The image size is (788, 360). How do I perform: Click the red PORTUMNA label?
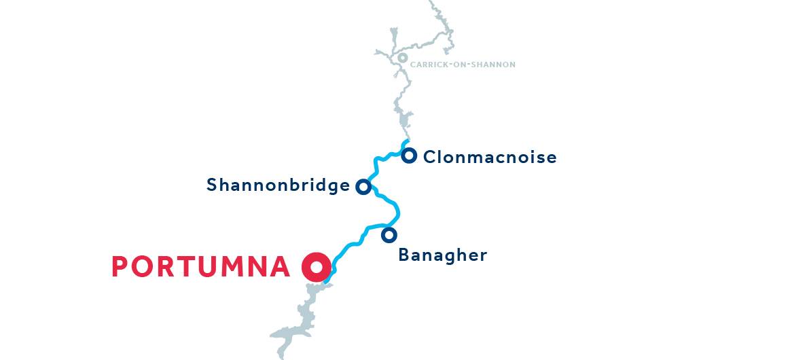(201, 267)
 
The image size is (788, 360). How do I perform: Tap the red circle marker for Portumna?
(316, 267)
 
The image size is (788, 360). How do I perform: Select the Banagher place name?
(442, 255)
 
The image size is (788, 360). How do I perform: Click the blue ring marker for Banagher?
(389, 235)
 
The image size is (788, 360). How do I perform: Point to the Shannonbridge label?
(278, 185)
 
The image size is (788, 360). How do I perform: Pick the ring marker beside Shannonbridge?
(363, 187)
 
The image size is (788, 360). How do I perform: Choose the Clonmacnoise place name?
(489, 158)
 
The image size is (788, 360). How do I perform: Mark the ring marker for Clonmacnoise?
(409, 156)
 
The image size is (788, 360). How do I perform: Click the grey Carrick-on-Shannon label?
(463, 65)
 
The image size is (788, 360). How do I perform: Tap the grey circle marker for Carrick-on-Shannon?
(402, 58)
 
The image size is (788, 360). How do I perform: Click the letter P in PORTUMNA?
(120, 267)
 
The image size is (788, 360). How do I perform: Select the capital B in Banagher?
(404, 255)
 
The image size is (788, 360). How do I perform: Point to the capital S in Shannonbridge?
(212, 185)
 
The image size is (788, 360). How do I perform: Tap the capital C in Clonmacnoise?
(429, 158)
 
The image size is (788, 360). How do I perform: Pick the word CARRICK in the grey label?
(428, 65)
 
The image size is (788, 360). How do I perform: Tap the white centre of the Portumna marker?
(316, 267)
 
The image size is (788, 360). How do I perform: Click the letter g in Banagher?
(453, 257)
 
